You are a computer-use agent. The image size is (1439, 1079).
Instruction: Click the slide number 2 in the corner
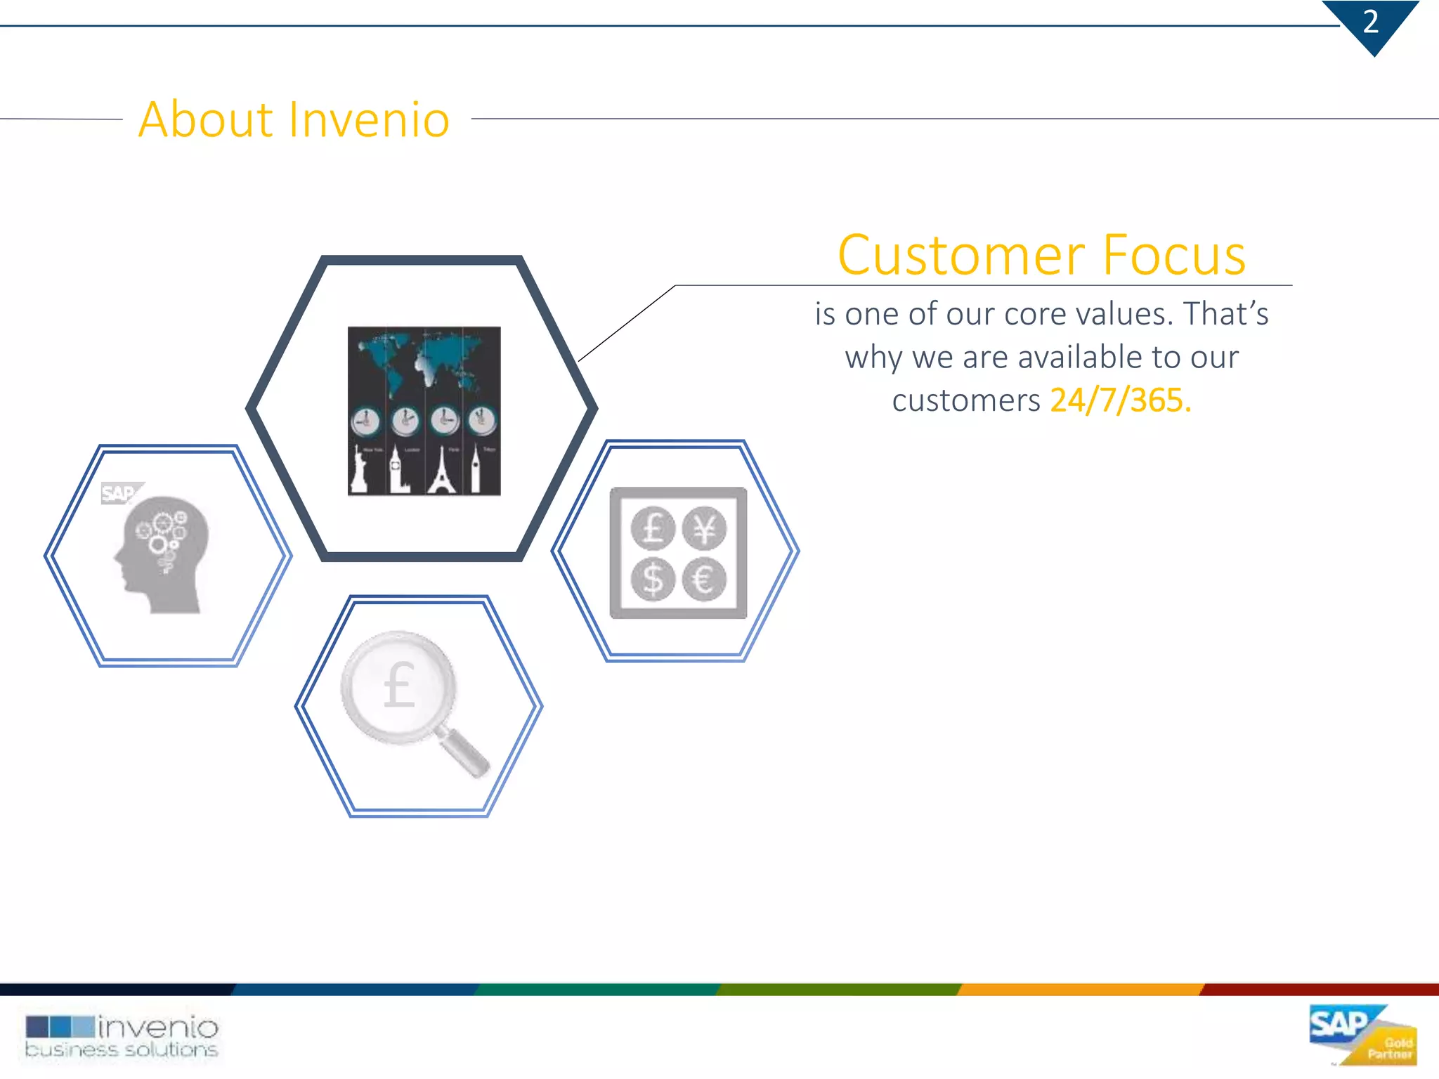click(1370, 22)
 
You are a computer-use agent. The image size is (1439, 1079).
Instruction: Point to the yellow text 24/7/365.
click(1120, 400)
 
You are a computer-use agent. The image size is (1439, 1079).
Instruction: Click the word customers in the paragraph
click(965, 400)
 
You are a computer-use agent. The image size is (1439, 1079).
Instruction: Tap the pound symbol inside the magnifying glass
click(399, 685)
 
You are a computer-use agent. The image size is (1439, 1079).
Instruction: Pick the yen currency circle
click(704, 528)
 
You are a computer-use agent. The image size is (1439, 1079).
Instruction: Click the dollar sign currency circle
click(653, 580)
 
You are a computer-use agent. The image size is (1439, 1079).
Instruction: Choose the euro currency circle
click(704, 580)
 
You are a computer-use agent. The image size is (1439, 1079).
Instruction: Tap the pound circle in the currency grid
click(653, 528)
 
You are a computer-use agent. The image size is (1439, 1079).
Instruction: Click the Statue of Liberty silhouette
click(360, 471)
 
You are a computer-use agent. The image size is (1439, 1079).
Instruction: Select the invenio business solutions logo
click(122, 1037)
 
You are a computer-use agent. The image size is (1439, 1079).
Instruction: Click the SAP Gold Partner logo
click(1362, 1035)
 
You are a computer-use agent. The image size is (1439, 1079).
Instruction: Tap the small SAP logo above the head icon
click(119, 493)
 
